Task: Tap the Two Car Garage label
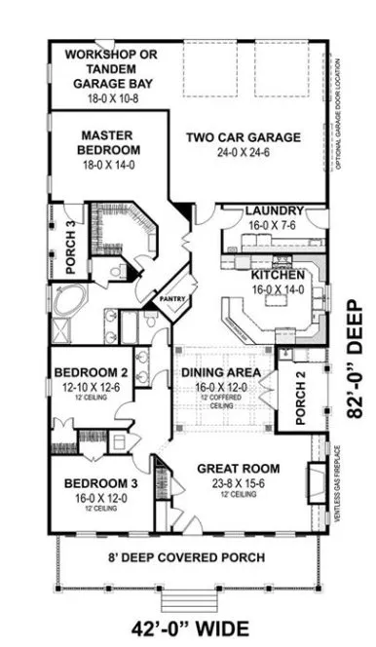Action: (244, 137)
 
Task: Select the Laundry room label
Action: (274, 210)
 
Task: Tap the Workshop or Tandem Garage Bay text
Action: (110, 69)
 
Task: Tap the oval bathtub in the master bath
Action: (71, 301)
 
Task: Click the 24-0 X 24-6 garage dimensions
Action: (244, 153)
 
